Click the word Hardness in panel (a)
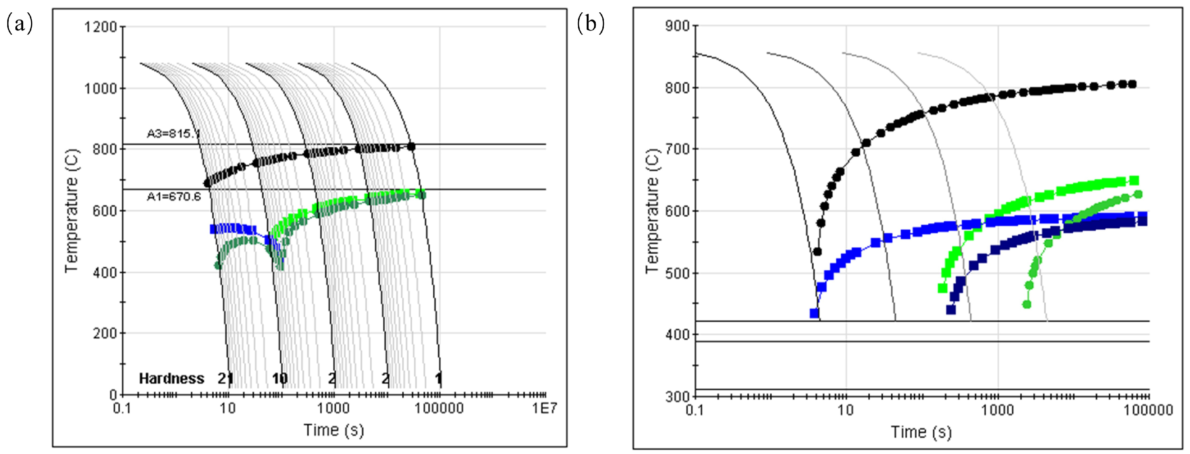171,379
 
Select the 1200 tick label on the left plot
100,27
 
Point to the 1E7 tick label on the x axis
545,408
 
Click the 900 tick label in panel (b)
677,26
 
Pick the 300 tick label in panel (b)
677,396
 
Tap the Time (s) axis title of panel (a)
334,430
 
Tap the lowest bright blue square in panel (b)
815,313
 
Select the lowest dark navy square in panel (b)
951,309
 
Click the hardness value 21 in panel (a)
225,379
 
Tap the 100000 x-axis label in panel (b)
1148,410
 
